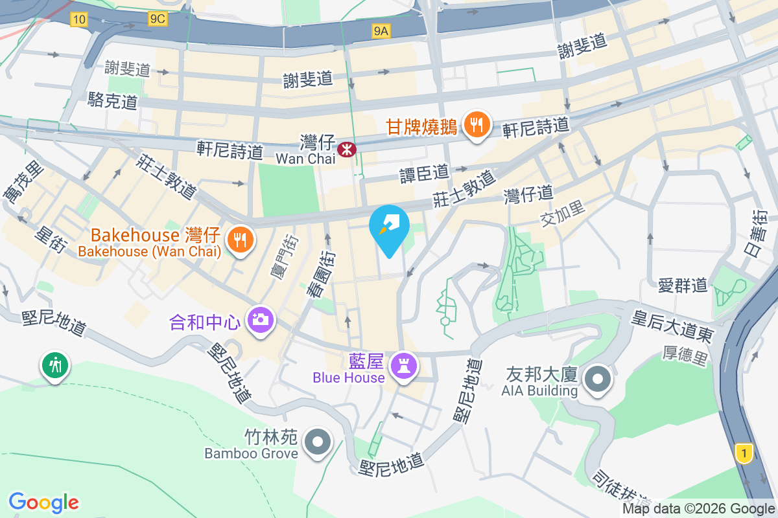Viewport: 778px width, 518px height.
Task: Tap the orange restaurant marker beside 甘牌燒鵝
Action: (x=478, y=124)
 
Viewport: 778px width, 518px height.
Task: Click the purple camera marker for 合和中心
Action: (x=261, y=319)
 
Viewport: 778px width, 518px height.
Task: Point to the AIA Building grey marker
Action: (x=597, y=377)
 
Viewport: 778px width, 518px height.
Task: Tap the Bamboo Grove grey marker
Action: (x=318, y=442)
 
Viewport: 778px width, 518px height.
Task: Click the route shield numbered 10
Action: (x=78, y=19)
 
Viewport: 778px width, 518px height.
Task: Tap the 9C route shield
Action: (x=158, y=19)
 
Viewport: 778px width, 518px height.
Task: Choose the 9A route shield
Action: (x=381, y=30)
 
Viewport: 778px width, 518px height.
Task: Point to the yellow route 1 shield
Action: (x=744, y=453)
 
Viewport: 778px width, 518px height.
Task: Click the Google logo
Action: (x=44, y=502)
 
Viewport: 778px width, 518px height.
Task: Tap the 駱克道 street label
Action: (x=112, y=101)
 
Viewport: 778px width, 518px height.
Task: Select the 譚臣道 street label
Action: (x=424, y=173)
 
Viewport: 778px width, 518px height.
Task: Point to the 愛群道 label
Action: (x=682, y=284)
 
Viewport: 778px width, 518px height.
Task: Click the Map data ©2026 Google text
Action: (x=698, y=509)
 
